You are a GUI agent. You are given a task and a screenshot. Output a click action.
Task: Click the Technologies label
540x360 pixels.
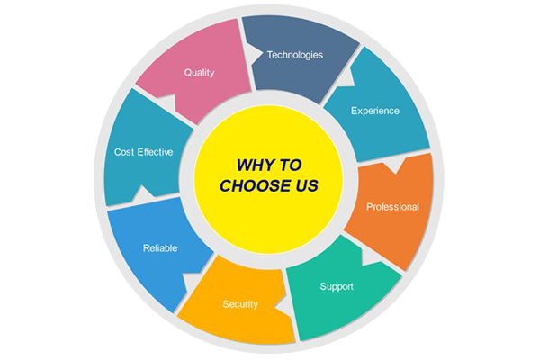click(295, 55)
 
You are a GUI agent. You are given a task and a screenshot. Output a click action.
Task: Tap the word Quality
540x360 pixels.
click(200, 73)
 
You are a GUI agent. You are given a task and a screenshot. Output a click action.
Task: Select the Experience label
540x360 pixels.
click(375, 111)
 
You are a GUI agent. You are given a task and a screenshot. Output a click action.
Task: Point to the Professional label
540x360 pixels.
click(392, 207)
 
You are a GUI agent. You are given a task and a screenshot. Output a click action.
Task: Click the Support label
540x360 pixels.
click(337, 286)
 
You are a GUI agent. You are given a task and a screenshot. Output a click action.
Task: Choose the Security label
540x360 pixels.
click(240, 304)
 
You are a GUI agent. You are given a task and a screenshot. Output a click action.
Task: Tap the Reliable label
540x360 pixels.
click(160, 248)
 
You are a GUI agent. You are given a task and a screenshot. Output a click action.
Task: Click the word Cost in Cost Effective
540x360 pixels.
click(124, 152)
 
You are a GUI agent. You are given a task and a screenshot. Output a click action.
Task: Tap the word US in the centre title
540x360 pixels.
click(306, 186)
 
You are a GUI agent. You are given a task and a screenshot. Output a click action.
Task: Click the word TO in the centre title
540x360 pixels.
click(290, 166)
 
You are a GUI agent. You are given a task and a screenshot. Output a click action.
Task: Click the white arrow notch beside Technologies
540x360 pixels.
click(253, 54)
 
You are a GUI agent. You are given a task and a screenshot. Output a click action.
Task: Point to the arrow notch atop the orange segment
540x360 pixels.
click(394, 166)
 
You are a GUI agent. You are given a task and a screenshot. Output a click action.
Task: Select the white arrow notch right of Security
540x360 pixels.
click(284, 305)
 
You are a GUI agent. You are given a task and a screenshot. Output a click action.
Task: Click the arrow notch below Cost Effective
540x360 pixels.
click(142, 194)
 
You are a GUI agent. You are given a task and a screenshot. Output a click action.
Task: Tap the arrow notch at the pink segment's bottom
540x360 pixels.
click(167, 102)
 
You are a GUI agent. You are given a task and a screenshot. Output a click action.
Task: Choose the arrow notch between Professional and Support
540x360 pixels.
click(370, 256)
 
